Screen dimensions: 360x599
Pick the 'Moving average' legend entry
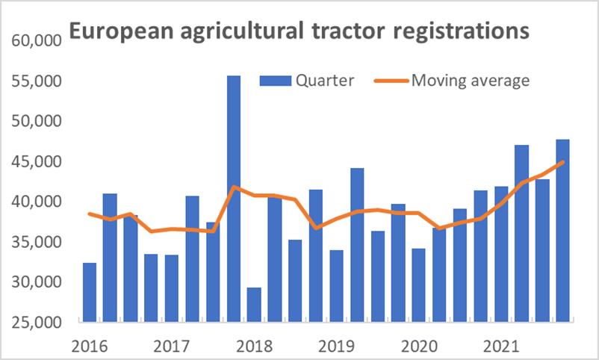(x=471, y=81)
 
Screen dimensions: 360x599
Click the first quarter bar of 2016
(x=90, y=292)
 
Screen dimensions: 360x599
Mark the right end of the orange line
(x=562, y=161)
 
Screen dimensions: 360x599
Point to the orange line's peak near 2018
(x=234, y=187)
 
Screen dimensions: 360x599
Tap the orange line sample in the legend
(x=388, y=81)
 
